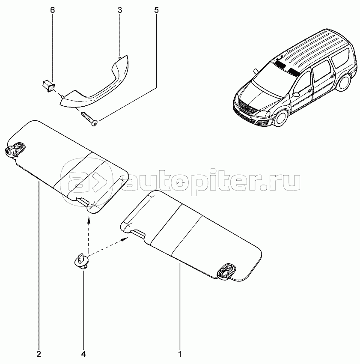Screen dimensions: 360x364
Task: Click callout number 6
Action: click(53, 10)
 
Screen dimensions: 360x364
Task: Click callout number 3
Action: click(120, 10)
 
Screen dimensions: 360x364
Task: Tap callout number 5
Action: click(156, 10)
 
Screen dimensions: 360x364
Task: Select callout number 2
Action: click(39, 354)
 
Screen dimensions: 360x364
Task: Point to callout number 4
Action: click(83, 354)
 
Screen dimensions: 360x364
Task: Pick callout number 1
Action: click(180, 354)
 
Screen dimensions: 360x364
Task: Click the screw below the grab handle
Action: click(89, 119)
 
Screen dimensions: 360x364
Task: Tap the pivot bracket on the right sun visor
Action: click(226, 272)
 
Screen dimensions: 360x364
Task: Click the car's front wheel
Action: click(282, 118)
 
